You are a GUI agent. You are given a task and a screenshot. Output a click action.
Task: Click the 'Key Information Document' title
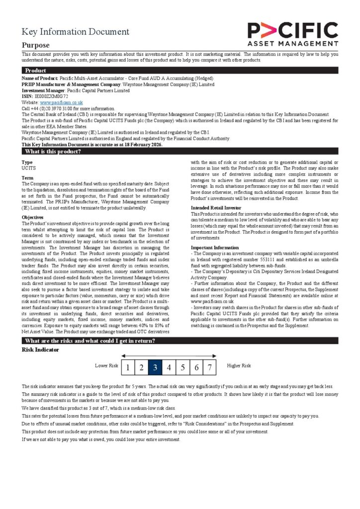click(75, 32)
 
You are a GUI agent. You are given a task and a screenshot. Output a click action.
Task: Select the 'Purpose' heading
click(35, 45)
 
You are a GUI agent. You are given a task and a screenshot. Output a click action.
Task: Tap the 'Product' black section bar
click(36, 71)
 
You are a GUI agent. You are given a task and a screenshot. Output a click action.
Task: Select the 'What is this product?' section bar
click(53, 151)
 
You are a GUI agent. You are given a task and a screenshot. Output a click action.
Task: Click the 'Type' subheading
click(27, 162)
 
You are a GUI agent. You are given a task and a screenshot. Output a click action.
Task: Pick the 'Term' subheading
click(27, 177)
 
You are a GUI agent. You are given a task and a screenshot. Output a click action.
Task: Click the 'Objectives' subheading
click(32, 217)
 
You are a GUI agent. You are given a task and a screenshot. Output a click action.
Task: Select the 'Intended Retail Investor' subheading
click(216, 207)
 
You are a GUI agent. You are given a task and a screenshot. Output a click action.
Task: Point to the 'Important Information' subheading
click(215, 247)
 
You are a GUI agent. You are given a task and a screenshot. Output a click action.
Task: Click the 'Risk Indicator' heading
click(41, 349)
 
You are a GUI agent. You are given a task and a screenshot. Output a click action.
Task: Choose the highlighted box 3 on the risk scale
click(155, 368)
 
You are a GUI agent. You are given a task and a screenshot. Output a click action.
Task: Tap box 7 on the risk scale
click(210, 368)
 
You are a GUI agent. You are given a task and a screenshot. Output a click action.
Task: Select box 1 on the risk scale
click(128, 368)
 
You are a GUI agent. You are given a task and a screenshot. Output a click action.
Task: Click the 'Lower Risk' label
click(106, 366)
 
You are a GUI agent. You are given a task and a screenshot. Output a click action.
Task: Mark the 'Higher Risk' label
click(239, 366)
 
